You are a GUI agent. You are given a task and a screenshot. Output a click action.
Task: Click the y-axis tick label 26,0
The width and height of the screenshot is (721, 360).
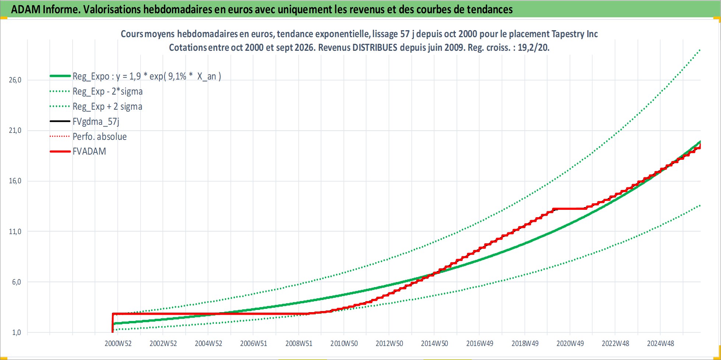coord(15,80)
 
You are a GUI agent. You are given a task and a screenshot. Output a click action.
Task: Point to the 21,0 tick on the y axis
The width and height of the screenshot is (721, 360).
coord(15,130)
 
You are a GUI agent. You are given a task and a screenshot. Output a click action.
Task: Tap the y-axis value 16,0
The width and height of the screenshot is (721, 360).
coord(15,181)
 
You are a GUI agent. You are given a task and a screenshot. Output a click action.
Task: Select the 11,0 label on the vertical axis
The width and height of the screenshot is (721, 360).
coord(15,232)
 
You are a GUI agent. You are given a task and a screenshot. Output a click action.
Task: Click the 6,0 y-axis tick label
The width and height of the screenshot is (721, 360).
coord(17,282)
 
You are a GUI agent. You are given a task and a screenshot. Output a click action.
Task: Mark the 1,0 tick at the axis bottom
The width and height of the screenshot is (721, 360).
coord(17,332)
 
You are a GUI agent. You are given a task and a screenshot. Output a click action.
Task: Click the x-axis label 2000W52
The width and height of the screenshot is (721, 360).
coord(118,343)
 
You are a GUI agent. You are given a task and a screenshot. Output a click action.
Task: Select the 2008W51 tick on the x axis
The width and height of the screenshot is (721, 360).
coord(299,343)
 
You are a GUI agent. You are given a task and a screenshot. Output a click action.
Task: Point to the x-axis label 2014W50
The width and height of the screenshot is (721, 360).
coord(435,343)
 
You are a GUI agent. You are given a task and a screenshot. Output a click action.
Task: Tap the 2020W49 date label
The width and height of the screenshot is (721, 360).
coord(570,343)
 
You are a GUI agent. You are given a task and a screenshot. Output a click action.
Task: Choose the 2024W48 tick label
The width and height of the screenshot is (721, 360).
coord(661,343)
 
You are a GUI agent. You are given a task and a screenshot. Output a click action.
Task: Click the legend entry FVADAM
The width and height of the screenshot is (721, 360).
coord(89,151)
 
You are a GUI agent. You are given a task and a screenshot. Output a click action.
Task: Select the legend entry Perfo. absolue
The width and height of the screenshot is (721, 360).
coord(99,137)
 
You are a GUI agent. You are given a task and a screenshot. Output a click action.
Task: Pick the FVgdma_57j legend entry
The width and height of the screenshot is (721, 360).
coord(96,121)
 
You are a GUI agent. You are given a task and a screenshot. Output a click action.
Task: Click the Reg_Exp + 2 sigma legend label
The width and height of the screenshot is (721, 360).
coord(107,106)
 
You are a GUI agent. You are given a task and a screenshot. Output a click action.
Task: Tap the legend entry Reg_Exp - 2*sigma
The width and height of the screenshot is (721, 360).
coord(108,91)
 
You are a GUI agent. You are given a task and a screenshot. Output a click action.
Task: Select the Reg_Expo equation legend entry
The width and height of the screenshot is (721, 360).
coord(147,76)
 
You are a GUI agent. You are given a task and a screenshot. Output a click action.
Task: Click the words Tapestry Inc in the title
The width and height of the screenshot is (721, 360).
coord(574,34)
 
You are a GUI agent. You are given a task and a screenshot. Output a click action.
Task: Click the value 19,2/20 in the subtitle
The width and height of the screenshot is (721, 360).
coord(533,47)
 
